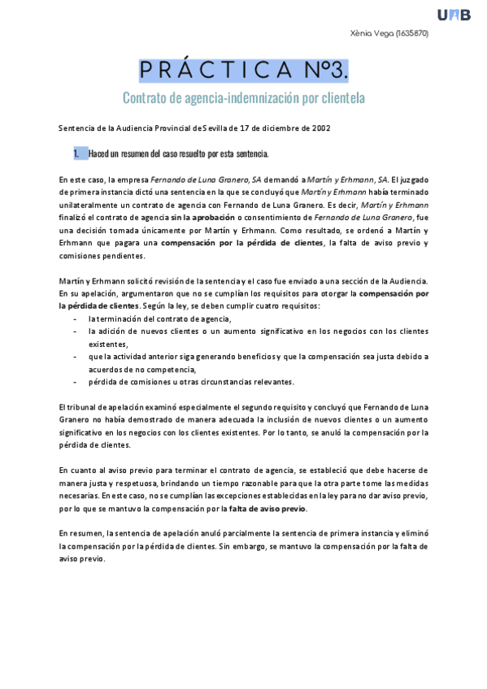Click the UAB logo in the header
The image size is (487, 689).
[x=454, y=15]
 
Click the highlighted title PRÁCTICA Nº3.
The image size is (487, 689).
[x=243, y=70]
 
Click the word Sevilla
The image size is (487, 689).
[x=214, y=128]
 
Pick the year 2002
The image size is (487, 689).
[x=317, y=128]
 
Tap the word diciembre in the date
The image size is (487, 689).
[x=274, y=128]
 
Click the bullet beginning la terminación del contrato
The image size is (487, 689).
[x=159, y=319]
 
